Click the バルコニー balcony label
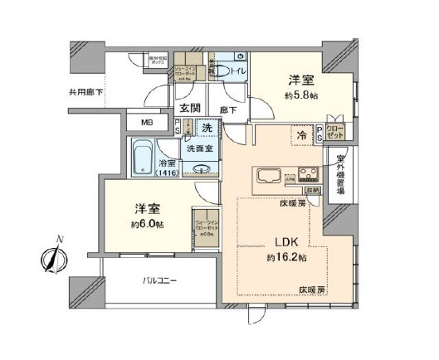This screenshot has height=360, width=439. pos(159,282)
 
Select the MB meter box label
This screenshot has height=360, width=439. pos(146,123)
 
